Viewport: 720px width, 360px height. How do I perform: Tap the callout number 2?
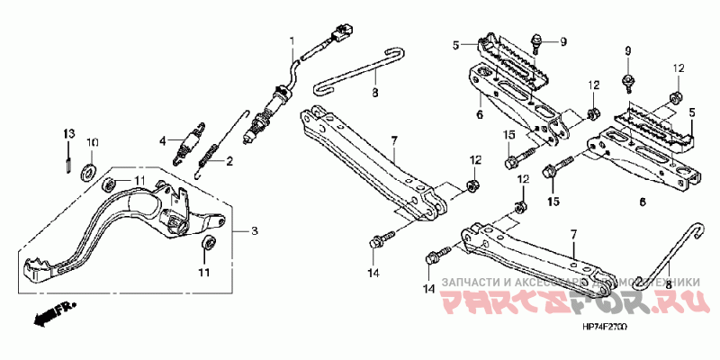(229, 162)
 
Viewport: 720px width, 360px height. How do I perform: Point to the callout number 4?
(164, 140)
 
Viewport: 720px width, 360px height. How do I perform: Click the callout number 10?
(91, 142)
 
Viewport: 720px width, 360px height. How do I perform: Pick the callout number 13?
(66, 134)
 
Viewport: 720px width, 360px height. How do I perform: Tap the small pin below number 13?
(67, 161)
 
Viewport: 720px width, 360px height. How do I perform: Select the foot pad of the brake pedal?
(38, 270)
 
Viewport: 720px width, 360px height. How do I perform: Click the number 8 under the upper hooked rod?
(375, 93)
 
